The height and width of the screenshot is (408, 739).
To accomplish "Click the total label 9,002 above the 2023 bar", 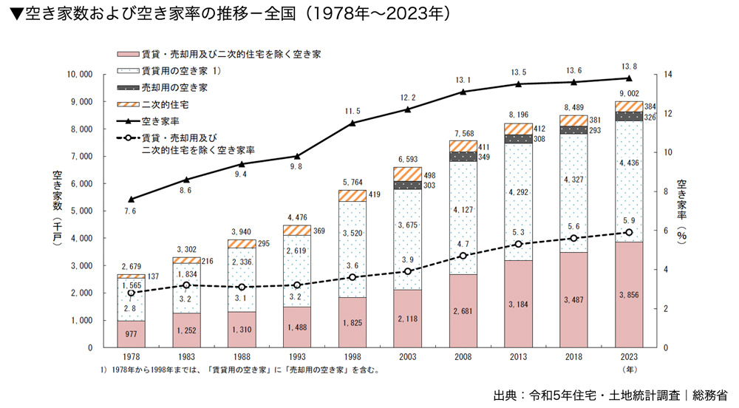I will tap(629, 93).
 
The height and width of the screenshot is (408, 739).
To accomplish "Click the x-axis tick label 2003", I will tap(407, 357).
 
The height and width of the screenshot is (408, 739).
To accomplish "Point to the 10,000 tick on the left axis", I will tap(78, 75).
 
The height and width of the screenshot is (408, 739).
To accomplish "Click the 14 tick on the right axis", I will tap(667, 75).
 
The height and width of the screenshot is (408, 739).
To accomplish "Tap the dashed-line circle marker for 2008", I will tap(463, 256).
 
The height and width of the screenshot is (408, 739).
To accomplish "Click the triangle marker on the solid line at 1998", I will tap(353, 123).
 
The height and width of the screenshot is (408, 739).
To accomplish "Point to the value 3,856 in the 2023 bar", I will tap(629, 293).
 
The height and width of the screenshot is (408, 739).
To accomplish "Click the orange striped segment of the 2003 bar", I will tap(407, 174).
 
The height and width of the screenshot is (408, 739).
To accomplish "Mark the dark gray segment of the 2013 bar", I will tap(518, 139).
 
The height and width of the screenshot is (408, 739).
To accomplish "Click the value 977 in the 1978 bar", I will tap(131, 333).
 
